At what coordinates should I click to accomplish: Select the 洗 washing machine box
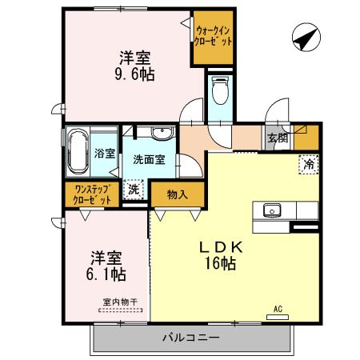(x=134, y=191)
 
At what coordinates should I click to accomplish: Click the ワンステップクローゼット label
(x=94, y=194)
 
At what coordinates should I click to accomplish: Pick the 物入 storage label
(x=178, y=194)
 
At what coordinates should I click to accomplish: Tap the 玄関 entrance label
(x=278, y=138)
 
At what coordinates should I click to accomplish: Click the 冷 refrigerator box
(x=307, y=165)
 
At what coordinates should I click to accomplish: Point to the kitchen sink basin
(x=270, y=211)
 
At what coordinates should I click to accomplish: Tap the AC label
(x=278, y=308)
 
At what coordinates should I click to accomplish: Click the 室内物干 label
(x=120, y=302)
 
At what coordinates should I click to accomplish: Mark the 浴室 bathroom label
(x=105, y=152)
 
